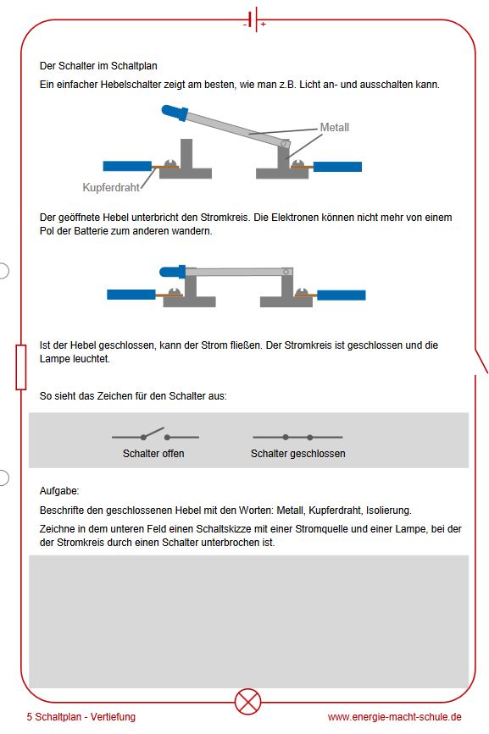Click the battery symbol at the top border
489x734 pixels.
(253, 19)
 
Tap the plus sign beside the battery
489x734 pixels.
(264, 24)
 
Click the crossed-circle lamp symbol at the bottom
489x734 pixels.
(247, 701)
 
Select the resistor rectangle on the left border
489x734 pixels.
(21, 367)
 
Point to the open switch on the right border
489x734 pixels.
(481, 361)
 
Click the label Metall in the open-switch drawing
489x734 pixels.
(335, 127)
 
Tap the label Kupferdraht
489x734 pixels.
(111, 187)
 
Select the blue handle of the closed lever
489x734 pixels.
(173, 272)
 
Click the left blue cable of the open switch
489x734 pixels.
(127, 166)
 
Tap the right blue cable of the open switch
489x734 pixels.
(337, 167)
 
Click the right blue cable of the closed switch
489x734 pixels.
(342, 295)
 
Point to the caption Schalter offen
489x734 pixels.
(153, 454)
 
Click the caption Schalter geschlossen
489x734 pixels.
(298, 454)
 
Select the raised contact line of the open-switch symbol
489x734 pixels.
(153, 433)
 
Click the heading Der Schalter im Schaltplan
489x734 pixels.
(98, 66)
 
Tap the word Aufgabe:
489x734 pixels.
(59, 491)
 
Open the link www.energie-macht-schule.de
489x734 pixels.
(394, 717)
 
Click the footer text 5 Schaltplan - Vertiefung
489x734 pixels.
(81, 717)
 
